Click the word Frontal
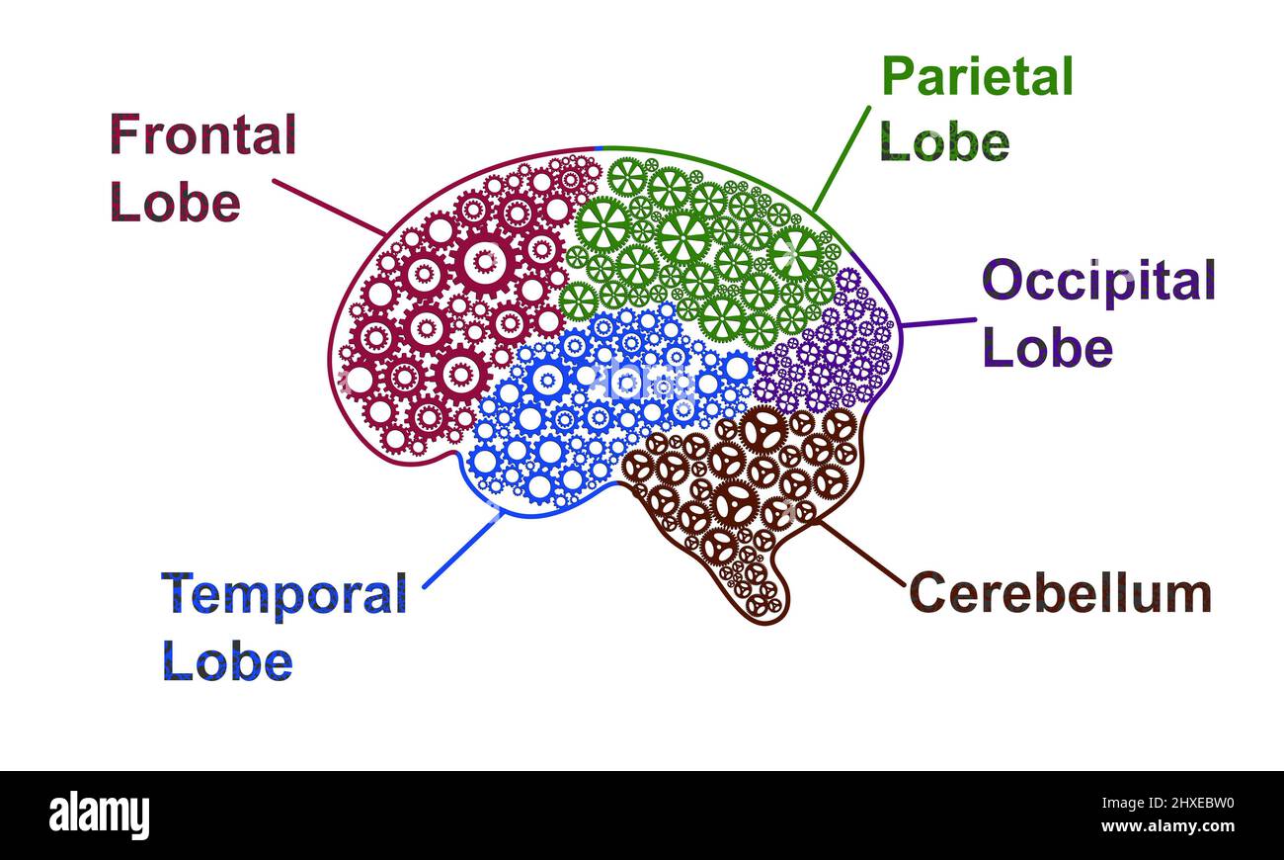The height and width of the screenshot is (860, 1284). [202, 134]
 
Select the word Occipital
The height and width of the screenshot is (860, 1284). [1099, 280]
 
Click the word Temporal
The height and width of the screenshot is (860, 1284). [284, 594]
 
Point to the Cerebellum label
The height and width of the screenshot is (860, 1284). [1061, 593]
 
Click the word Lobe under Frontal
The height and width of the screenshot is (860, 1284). [175, 202]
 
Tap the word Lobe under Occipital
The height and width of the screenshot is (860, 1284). [1048, 347]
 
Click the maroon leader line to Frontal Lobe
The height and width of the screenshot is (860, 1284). [329, 208]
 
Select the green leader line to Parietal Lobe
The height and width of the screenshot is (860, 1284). [842, 158]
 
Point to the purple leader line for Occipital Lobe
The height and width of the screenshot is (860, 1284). [939, 323]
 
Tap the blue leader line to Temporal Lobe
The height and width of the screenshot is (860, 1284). [463, 549]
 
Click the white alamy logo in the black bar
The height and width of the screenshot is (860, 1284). [99, 816]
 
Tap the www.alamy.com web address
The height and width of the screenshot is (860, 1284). [1167, 826]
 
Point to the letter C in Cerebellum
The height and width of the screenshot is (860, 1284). [926, 593]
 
